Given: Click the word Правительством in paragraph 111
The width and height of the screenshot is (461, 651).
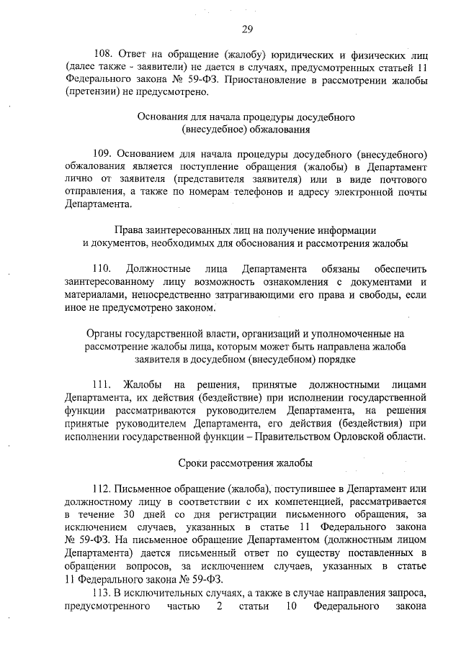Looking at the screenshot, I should click(x=315, y=436).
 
